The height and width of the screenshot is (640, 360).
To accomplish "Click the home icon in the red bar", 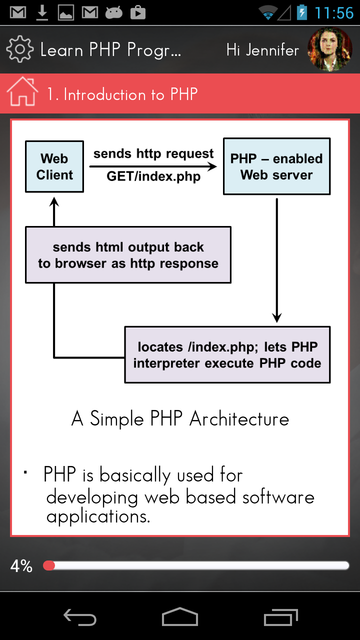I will click(22, 92).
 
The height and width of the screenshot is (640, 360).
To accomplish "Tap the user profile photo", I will click(329, 49).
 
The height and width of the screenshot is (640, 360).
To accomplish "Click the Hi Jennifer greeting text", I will click(262, 50).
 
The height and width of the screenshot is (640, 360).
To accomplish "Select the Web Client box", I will click(54, 167).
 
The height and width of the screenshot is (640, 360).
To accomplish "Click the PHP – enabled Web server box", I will click(276, 166).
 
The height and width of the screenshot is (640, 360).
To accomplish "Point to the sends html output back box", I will click(128, 255).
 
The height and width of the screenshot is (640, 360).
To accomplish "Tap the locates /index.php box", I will click(227, 354).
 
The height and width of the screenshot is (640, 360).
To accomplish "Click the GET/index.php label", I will click(153, 176).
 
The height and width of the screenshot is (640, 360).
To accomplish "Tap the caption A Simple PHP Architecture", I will click(180, 419).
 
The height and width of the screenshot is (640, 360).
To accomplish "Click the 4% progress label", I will click(21, 566).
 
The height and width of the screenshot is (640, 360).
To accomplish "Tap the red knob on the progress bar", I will click(49, 565).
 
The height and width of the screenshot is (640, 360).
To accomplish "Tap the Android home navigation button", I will click(180, 617).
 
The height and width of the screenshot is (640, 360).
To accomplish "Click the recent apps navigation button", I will click(280, 617).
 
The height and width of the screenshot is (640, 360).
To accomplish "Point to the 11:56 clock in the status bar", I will click(333, 13).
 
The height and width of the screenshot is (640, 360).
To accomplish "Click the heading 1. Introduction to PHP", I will click(122, 94).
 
